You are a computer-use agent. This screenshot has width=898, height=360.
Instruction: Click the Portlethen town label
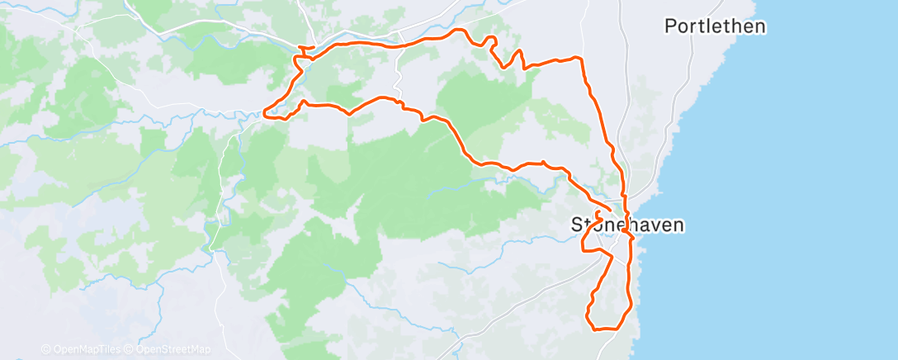pyautogui.click(x=715, y=26)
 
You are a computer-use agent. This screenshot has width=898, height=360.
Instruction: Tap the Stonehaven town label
pyautogui.click(x=627, y=224)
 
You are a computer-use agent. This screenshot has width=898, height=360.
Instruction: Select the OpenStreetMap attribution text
pyautogui.click(x=170, y=349)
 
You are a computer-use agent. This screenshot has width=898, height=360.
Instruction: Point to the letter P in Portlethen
pyautogui.click(x=671, y=26)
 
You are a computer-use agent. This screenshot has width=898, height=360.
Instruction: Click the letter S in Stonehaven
pyautogui.click(x=577, y=224)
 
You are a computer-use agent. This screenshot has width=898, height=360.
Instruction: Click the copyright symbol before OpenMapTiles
pyautogui.click(x=46, y=349)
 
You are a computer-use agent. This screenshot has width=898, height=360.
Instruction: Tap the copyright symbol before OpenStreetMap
pyautogui.click(x=129, y=349)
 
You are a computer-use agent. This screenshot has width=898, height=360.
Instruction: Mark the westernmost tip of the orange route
pyautogui.click(x=264, y=112)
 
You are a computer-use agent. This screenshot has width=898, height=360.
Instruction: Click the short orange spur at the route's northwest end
pyautogui.click(x=302, y=50)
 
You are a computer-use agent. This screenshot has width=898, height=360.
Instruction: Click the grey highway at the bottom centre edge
pyautogui.click(x=462, y=339)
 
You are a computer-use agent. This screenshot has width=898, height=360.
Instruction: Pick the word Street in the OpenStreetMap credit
pyautogui.click(x=177, y=349)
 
